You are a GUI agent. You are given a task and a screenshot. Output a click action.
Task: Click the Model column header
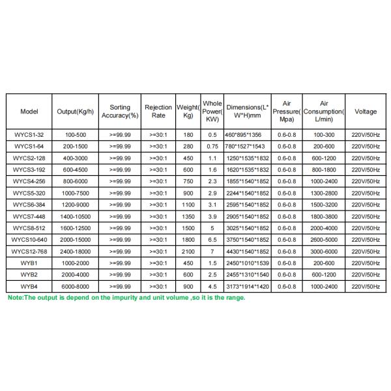pyautogui.click(x=29, y=111)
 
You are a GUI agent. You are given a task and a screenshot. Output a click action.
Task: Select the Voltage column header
pyautogui.click(x=366, y=111)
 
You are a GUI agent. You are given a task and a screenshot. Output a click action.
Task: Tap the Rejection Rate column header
pyautogui.click(x=158, y=111)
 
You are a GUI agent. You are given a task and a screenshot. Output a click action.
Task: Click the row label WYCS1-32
pyautogui.click(x=29, y=134)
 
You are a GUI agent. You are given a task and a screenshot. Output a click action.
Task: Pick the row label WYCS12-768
pyautogui.click(x=29, y=251)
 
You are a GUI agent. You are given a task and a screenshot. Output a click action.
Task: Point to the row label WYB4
pyautogui.click(x=29, y=285)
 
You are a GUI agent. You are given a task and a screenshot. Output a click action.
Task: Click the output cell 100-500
pyautogui.click(x=76, y=134)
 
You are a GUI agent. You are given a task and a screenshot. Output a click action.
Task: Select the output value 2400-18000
pyautogui.click(x=76, y=251)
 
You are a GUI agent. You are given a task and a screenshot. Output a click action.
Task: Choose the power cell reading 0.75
pyautogui.click(x=212, y=146)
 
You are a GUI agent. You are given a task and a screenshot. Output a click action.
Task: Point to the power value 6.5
pyautogui.click(x=212, y=239)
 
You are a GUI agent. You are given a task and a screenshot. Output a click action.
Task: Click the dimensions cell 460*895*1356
pyautogui.click(x=247, y=134)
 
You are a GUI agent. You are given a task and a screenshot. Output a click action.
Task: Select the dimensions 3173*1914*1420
pyautogui.click(x=247, y=285)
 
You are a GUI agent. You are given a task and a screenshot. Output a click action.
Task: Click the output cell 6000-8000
pyautogui.click(x=76, y=285)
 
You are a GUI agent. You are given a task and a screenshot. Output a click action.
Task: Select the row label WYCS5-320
pyautogui.click(x=29, y=192)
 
